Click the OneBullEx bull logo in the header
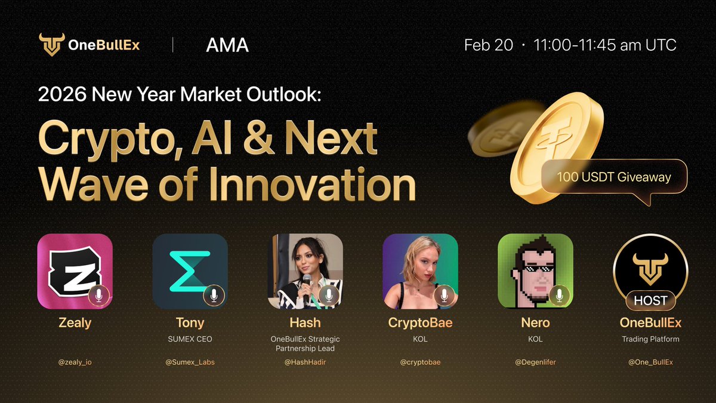tap(51, 45)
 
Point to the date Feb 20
tap(488, 45)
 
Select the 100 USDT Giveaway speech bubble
tap(614, 177)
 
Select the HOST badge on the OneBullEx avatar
tap(650, 300)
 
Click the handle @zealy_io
tap(75, 362)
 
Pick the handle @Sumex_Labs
tap(190, 362)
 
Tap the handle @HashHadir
tap(305, 362)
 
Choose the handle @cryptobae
tap(420, 362)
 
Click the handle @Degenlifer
tap(535, 362)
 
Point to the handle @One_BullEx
tap(650, 362)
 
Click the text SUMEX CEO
tap(190, 339)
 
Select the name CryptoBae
tap(420, 323)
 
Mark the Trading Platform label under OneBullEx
tap(650, 339)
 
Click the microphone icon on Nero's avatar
tap(558, 296)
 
